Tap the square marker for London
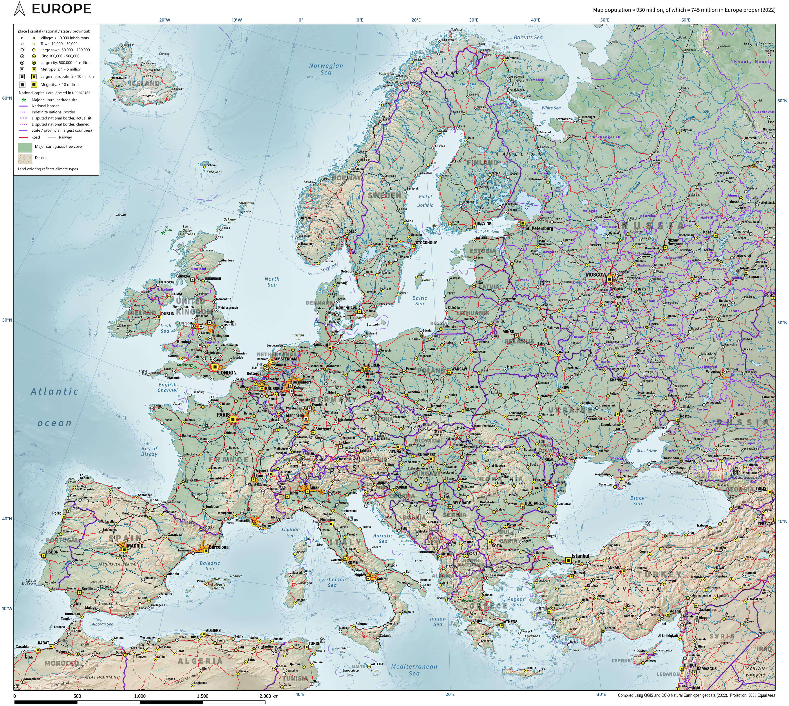pos(215,367)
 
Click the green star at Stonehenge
pos(195,368)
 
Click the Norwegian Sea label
pos(326,69)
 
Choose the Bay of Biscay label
pos(149,451)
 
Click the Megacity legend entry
pos(59,85)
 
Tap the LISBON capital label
pos(52,552)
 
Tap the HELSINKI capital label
pos(484,223)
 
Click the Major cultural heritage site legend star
pos(24,100)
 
